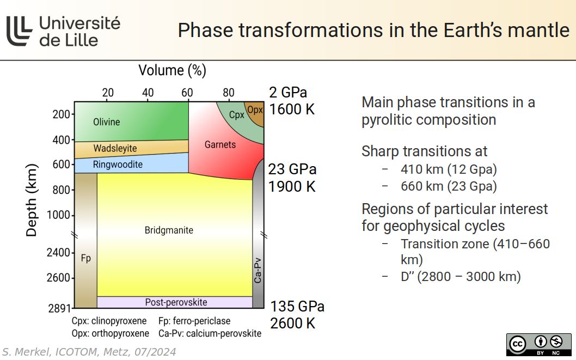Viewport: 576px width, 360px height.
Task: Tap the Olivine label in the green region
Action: click(106, 122)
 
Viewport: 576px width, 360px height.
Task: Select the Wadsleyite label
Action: click(115, 148)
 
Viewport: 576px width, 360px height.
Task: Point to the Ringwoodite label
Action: click(118, 164)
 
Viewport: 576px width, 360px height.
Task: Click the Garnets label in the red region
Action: click(220, 144)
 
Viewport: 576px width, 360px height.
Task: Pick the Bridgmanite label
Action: click(169, 230)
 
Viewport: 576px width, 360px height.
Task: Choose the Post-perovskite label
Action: click(176, 302)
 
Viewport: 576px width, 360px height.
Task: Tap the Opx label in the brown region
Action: click(255, 109)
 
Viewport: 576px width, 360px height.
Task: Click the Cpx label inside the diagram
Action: click(236, 115)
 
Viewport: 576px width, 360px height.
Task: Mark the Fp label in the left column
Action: click(86, 258)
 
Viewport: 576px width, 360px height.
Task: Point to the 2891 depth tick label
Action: click(59, 308)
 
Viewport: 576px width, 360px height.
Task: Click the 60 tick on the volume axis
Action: click(188, 93)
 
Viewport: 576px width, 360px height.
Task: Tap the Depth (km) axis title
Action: click(32, 200)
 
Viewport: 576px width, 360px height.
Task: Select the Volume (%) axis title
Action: click(172, 70)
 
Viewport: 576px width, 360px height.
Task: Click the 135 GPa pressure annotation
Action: click(297, 306)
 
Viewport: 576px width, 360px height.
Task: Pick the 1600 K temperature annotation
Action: click(292, 109)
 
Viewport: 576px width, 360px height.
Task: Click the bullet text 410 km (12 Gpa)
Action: click(449, 169)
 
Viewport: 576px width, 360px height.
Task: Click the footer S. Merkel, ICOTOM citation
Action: click(89, 352)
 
